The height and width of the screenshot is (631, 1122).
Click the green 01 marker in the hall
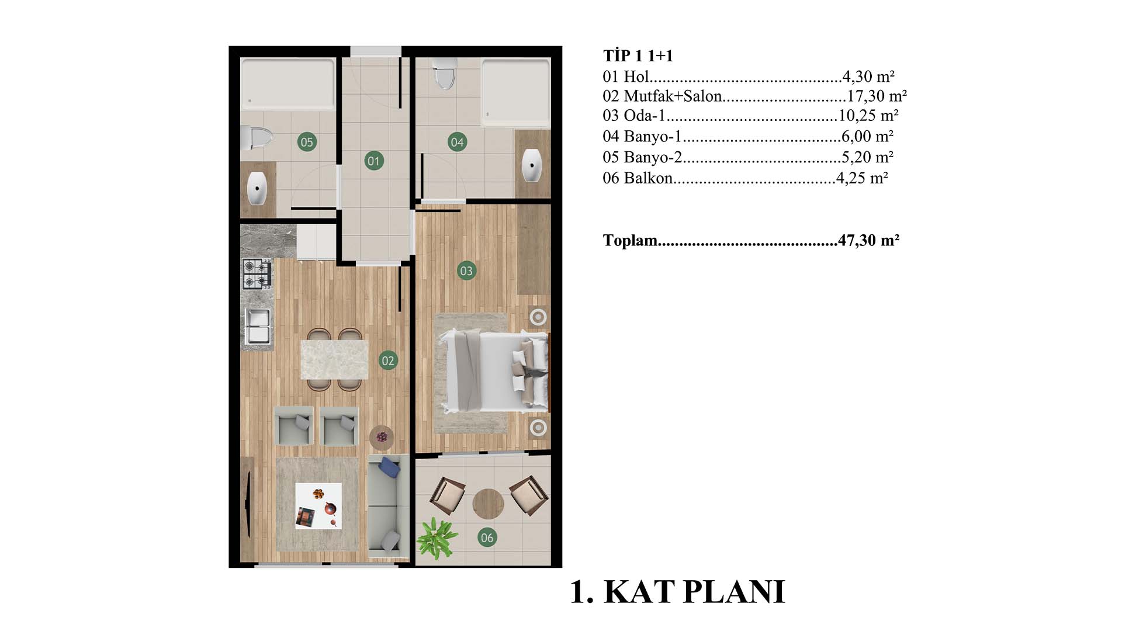(374, 161)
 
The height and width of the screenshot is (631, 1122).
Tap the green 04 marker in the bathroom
(457, 142)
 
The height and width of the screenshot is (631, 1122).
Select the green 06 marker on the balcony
(487, 538)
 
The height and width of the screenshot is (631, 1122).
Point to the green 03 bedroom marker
(466, 271)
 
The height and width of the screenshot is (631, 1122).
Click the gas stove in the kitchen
(257, 274)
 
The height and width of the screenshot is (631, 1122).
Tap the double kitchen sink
(257, 326)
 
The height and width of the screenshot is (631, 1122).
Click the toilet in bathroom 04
(445, 75)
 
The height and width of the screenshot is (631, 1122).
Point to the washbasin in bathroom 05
(257, 188)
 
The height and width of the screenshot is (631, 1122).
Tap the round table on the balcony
(488, 504)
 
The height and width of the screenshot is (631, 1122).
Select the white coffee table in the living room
(318, 506)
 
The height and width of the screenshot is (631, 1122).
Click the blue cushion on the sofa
(389, 467)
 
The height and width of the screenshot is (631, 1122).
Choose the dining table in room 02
(334, 360)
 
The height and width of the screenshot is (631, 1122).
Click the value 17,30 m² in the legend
(877, 96)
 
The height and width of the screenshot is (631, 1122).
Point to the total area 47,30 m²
(868, 240)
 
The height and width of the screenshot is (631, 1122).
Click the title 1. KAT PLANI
(677, 592)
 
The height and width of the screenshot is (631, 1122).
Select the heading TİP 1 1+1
(638, 56)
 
